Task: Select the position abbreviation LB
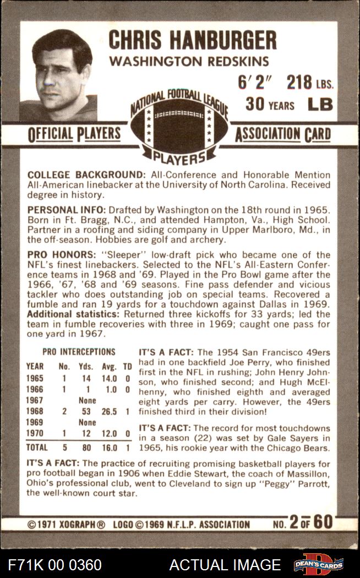320,103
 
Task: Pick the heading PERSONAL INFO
67,210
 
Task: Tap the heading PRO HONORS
61,255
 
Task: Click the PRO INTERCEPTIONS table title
79,352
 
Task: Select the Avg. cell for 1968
109,412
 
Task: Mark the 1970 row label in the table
35,434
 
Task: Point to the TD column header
127,366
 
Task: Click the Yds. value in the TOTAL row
86,448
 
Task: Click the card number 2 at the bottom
294,522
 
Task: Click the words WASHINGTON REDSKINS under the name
189,61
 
